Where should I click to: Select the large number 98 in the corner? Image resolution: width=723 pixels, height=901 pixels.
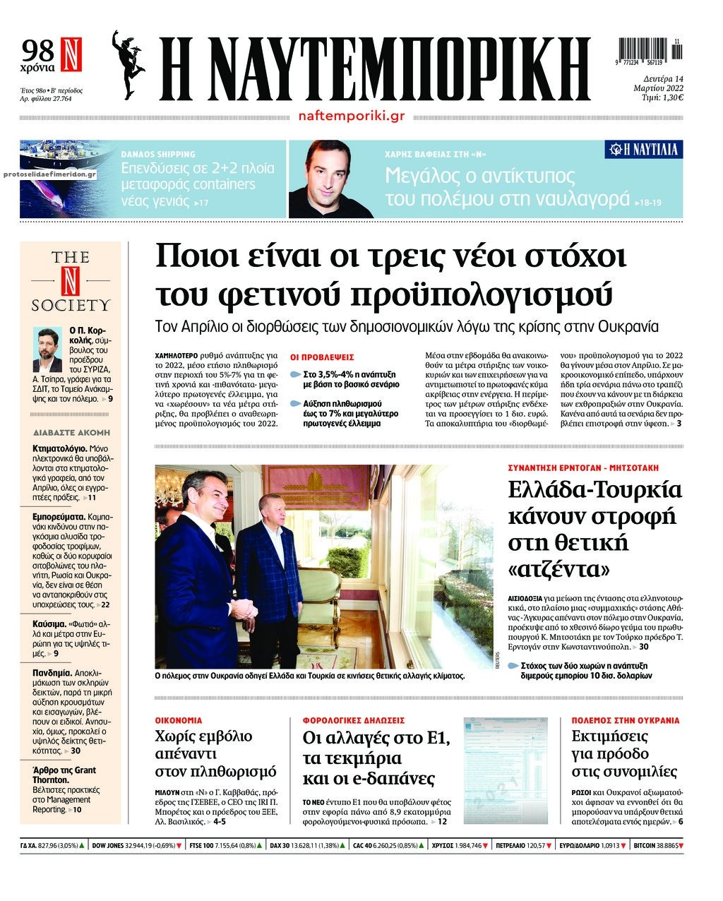tap(38, 51)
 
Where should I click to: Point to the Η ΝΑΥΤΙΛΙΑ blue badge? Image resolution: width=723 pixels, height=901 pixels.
tap(643, 149)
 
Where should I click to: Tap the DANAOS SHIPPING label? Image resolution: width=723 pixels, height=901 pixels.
tap(158, 153)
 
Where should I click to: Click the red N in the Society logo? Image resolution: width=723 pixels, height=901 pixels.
tap(71, 279)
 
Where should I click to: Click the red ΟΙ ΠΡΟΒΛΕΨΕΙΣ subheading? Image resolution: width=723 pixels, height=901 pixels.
tap(323, 357)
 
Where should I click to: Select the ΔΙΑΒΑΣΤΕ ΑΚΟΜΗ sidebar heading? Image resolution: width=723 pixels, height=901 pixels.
tap(71, 432)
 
